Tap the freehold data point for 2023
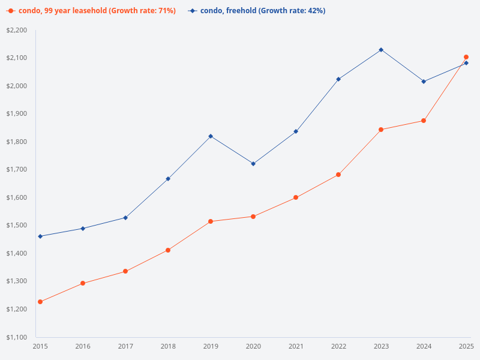pyautogui.click(x=381, y=50)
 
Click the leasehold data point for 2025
pyautogui.click(x=466, y=57)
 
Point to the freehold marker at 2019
pyautogui.click(x=211, y=136)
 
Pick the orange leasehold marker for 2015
pyautogui.click(x=40, y=302)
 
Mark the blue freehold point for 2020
pyautogui.click(x=253, y=164)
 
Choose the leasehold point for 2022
pyautogui.click(x=338, y=175)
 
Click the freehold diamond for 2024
pyautogui.click(x=424, y=82)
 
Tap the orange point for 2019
pyautogui.click(x=211, y=221)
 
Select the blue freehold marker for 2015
pyautogui.click(x=40, y=236)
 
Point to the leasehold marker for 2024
pyautogui.click(x=424, y=121)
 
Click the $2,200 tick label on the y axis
pyautogui.click(x=17, y=30)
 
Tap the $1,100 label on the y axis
pyautogui.click(x=17, y=337)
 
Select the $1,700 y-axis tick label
pyautogui.click(x=17, y=170)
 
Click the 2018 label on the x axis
pyautogui.click(x=168, y=347)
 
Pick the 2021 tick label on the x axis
pyautogui.click(x=296, y=347)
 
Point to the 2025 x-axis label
pyautogui.click(x=466, y=347)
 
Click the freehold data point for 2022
pyautogui.click(x=338, y=79)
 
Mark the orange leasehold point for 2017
pyautogui.click(x=125, y=271)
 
